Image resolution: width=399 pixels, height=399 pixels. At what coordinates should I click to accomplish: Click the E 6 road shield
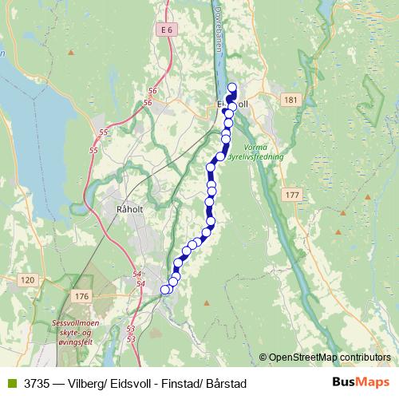(x=165, y=30)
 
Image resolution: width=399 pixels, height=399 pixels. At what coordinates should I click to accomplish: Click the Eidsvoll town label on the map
(x=233, y=103)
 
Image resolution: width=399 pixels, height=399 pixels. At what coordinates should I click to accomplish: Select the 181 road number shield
(x=290, y=100)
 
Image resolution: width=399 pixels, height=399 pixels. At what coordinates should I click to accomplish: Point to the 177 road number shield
(x=290, y=195)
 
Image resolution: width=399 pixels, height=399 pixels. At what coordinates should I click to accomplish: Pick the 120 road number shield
(x=28, y=279)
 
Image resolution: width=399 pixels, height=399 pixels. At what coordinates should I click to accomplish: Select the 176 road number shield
(x=81, y=297)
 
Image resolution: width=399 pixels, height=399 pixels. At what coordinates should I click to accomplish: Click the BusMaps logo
(x=361, y=383)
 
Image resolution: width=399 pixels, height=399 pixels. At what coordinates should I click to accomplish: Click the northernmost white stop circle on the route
(x=232, y=88)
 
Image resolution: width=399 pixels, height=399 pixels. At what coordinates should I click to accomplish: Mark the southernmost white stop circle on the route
(x=166, y=290)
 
